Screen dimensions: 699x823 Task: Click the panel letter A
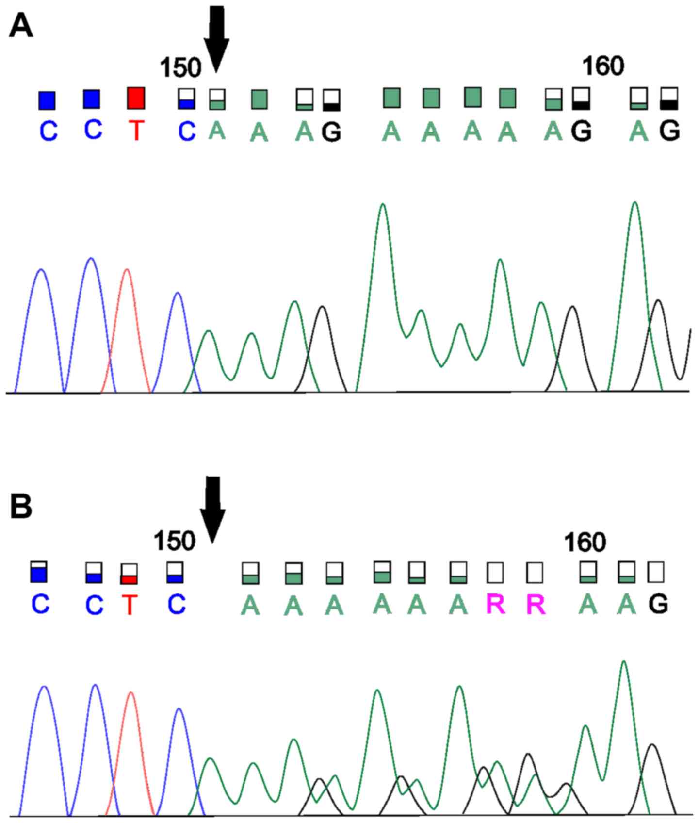click(x=21, y=26)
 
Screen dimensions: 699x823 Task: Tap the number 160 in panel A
click(x=602, y=66)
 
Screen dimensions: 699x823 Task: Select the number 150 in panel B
click(x=174, y=541)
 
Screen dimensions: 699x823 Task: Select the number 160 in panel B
click(x=585, y=542)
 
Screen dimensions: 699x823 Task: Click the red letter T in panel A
click(x=136, y=130)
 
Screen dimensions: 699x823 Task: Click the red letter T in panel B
click(x=129, y=605)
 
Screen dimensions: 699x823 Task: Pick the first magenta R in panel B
click(x=496, y=605)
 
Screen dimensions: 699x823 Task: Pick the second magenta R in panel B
click(x=536, y=605)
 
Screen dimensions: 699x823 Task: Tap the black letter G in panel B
click(x=658, y=604)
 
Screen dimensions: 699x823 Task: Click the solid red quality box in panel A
click(x=136, y=99)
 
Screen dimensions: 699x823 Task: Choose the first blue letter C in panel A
click(x=48, y=131)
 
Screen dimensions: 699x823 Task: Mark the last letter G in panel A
click(x=669, y=130)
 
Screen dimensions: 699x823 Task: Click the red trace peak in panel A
click(x=127, y=270)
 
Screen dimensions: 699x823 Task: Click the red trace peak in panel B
click(x=130, y=693)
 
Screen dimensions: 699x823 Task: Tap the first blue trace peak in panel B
click(x=44, y=688)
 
